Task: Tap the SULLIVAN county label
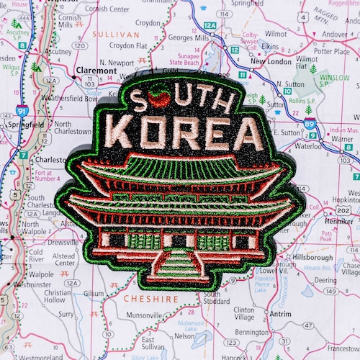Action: (x=117, y=34)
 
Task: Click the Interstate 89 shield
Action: (x=309, y=125)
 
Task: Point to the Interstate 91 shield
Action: (x=22, y=112)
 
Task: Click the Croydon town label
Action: (x=148, y=23)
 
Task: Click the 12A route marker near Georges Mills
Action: (x=210, y=25)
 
